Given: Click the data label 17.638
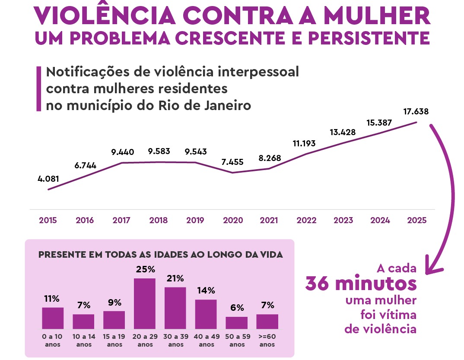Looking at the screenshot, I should pyautogui.click(x=416, y=111).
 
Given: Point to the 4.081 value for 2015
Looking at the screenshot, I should pyautogui.click(x=48, y=179).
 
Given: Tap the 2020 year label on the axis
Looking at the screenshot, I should pyautogui.click(x=233, y=220).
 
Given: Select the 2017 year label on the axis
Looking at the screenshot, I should pyautogui.click(x=121, y=220).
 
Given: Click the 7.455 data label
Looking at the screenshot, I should pyautogui.click(x=232, y=162).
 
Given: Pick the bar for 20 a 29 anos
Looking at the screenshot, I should pyautogui.click(x=145, y=303).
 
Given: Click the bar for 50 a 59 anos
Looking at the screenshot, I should pyautogui.click(x=237, y=322).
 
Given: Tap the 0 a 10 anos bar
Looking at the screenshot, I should pyautogui.click(x=53, y=318).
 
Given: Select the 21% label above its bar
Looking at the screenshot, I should pyautogui.click(x=175, y=278).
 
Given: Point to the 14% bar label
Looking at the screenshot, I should pyautogui.click(x=206, y=291).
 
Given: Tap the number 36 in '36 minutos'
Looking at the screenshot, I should pyautogui.click(x=319, y=284).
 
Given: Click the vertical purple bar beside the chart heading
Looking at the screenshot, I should pyautogui.click(x=39, y=88).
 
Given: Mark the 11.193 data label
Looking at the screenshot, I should pyautogui.click(x=304, y=143).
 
